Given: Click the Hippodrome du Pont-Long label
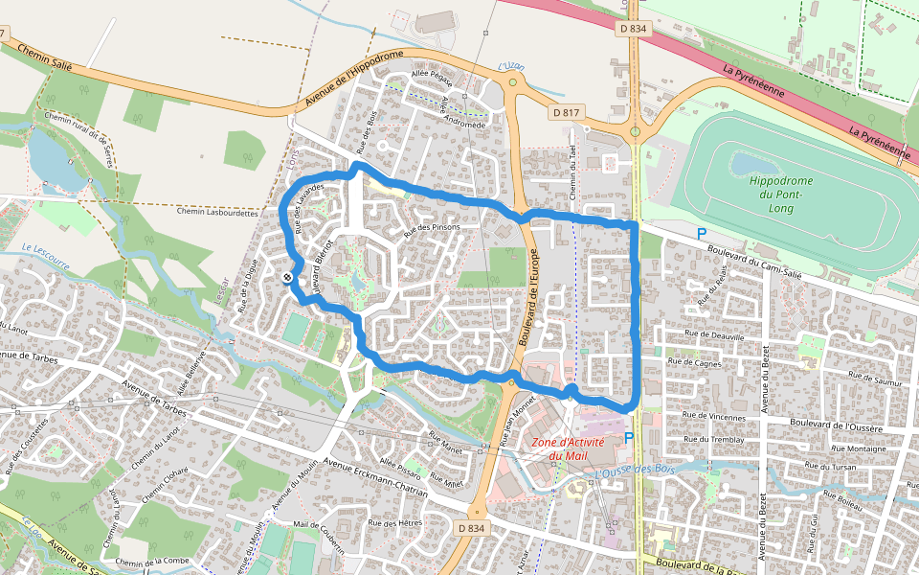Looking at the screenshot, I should (780, 194).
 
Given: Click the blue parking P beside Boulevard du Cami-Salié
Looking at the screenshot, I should (701, 234).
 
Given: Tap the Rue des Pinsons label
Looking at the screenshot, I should (432, 228).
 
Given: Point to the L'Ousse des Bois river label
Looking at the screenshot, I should (634, 471).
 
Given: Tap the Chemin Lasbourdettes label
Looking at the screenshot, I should (217, 213).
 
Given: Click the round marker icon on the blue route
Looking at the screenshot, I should (287, 276).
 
